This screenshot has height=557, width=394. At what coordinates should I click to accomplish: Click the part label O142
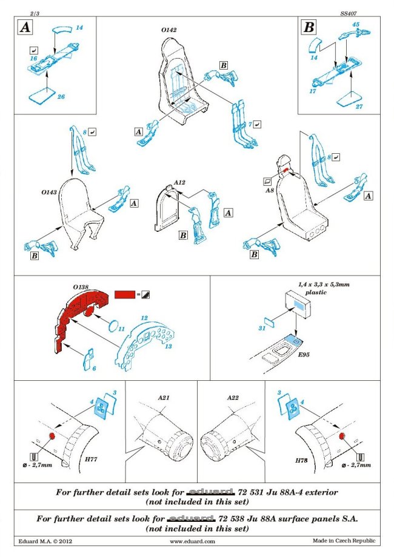point(169,28)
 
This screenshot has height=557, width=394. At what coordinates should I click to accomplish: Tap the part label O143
point(50,191)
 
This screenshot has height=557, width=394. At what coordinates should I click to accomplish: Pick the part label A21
point(164,398)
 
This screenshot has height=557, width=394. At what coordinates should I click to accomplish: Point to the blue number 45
point(356,24)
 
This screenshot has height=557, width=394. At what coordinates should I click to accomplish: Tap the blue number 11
point(121,328)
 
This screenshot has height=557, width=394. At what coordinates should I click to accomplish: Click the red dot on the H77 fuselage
point(52,435)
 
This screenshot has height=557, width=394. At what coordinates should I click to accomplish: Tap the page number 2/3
point(24,12)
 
